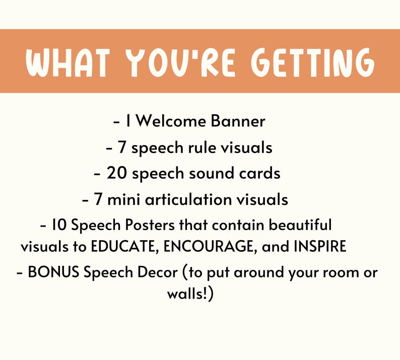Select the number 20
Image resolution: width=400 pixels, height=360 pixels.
115,173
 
